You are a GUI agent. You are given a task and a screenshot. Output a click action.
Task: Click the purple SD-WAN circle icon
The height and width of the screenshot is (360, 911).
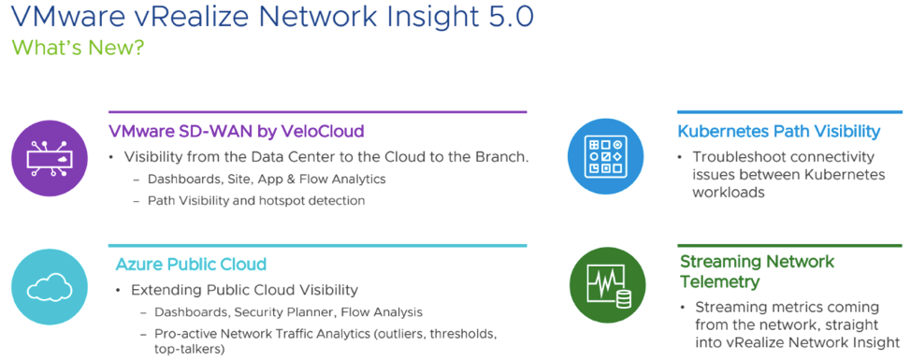pyautogui.click(x=49, y=159)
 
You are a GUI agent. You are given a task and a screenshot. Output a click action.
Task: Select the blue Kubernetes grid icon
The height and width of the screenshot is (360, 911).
pyautogui.click(x=605, y=156)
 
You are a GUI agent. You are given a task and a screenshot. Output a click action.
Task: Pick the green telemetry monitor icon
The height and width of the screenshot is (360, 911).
pyautogui.click(x=607, y=284)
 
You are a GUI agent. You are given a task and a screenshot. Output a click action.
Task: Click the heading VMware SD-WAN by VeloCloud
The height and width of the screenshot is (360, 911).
pyautogui.click(x=237, y=131)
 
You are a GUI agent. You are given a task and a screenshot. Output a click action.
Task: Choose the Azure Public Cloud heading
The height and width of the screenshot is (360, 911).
pyautogui.click(x=191, y=265)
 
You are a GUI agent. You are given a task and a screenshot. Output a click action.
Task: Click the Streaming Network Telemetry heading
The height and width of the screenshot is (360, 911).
pyautogui.click(x=757, y=271)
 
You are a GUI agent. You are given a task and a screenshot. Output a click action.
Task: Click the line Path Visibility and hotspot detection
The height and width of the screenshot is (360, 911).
pyautogui.click(x=256, y=201)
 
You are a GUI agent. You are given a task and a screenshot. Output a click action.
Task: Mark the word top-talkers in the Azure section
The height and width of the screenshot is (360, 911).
pyautogui.click(x=189, y=350)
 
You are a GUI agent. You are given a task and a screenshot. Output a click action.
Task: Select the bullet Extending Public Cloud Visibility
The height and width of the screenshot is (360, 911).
pyautogui.click(x=245, y=290)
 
